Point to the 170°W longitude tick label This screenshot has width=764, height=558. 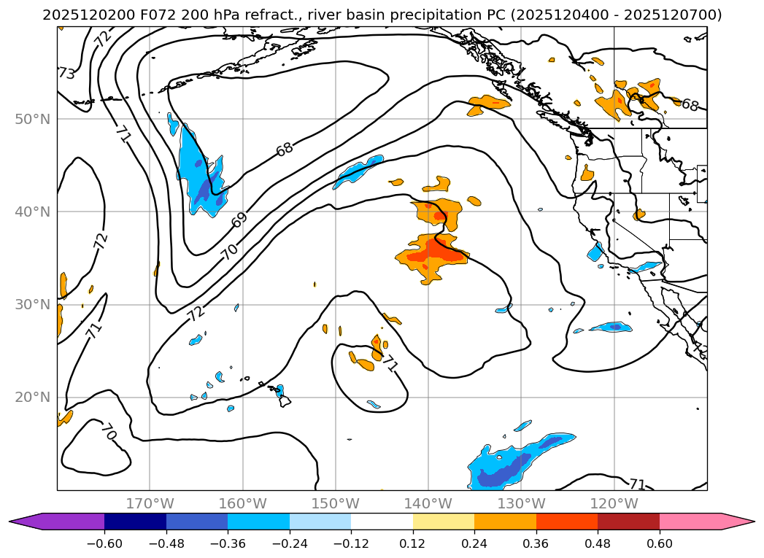click(150, 503)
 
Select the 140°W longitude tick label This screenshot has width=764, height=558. click(428, 503)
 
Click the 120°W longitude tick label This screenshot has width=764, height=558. click(614, 503)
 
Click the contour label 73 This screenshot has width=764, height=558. click(66, 74)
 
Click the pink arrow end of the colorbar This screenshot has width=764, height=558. click(741, 522)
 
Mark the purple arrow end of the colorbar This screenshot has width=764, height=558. click(26, 522)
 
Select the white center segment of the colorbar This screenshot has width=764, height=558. click(382, 522)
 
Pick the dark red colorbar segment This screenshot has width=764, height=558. click(628, 522)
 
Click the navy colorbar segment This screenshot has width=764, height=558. click(135, 522)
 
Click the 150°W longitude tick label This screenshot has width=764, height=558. click(336, 503)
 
